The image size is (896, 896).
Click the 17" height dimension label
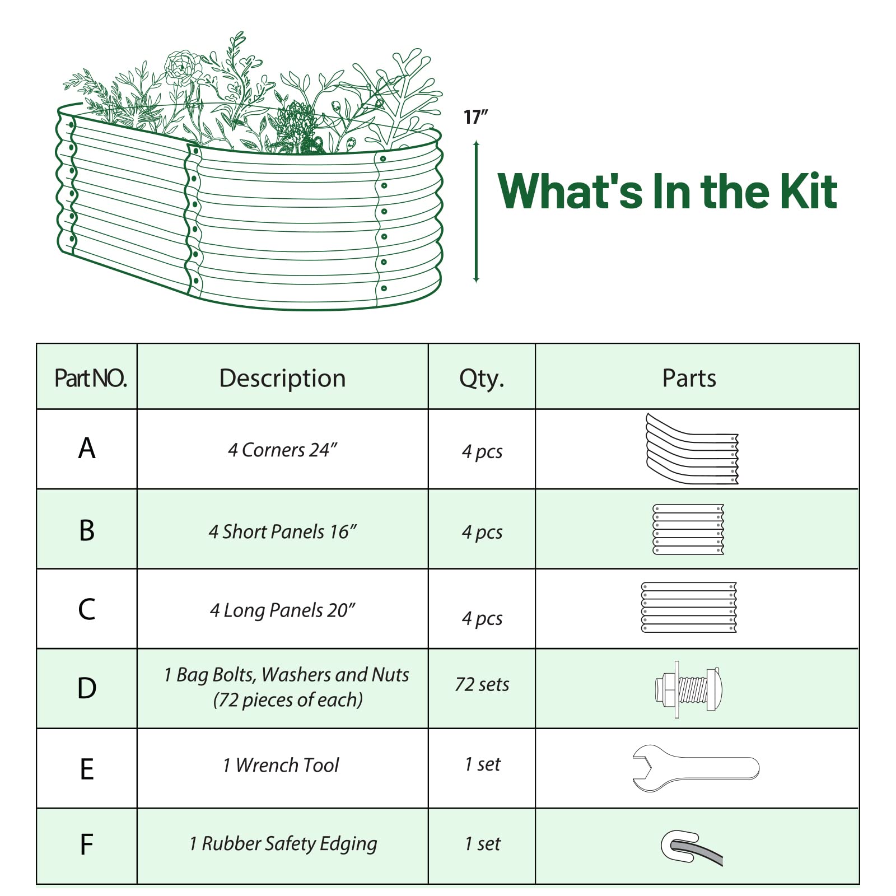tap(475, 117)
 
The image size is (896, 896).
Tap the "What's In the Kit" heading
tap(668, 191)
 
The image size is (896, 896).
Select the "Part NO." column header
tap(91, 379)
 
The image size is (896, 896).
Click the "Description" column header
tap(282, 379)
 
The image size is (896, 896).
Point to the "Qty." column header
tap(482, 379)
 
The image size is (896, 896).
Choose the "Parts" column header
tap(689, 379)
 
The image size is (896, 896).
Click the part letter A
tap(87, 449)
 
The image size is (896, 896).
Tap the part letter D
tap(87, 688)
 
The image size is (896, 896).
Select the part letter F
tap(86, 844)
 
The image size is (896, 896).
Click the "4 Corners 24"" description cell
tap(283, 450)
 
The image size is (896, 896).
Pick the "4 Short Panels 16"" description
tap(283, 531)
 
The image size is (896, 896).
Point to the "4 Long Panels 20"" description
tap(283, 610)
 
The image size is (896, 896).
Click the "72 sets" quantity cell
tap(482, 684)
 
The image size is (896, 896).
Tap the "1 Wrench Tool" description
tap(281, 765)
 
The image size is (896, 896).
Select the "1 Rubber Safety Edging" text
tap(283, 844)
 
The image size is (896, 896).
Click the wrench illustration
tap(696, 768)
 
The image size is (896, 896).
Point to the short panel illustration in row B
tap(688, 529)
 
